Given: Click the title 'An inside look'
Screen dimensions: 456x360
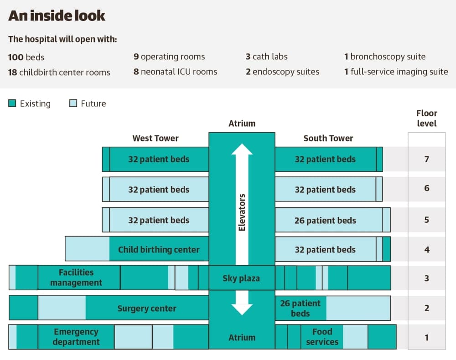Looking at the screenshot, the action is coord(57,15).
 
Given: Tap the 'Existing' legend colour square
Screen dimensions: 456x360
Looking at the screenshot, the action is coord(12,103).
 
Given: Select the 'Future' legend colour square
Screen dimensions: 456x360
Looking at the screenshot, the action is coord(73,103).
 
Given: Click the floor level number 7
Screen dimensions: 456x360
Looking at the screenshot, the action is coord(427,159).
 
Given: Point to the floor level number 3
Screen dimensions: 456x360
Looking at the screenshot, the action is coord(427,278).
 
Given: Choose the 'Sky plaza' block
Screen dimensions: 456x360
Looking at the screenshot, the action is coord(242,278).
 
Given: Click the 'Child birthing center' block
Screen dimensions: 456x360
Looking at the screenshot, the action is coord(159,249).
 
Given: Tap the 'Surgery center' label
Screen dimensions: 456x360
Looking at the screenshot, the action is coord(147,309).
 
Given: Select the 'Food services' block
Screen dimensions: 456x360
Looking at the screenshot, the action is coord(322,337).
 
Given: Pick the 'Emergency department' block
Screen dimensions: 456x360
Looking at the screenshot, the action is coord(76,337).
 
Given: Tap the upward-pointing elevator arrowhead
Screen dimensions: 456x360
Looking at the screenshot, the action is coord(242,149).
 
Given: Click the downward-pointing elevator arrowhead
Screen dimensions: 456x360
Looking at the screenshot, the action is coord(242,310).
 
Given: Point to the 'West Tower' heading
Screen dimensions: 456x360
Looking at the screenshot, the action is coord(155,139).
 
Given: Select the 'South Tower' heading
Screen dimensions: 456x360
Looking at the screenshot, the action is coord(328,139).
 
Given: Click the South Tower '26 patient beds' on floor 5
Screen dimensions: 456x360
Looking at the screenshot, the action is coord(325,221).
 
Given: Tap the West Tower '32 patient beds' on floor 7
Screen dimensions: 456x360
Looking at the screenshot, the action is coord(159,159).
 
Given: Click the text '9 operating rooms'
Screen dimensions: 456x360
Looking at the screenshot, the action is coord(169,57).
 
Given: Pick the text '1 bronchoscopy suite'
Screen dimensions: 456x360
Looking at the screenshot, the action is coord(385,57).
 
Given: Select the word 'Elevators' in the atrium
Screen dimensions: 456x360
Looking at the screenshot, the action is coord(242,212).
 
